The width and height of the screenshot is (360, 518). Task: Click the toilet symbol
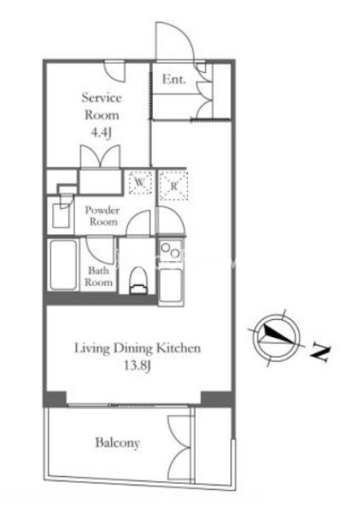click(138, 280)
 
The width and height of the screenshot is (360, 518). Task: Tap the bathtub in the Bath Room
click(63, 265)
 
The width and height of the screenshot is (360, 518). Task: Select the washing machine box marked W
click(140, 182)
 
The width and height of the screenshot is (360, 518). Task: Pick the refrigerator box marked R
click(174, 186)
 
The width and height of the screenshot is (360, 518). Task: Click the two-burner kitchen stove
click(170, 251)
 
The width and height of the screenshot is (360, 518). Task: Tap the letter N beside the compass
click(320, 352)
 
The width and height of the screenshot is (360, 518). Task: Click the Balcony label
click(117, 443)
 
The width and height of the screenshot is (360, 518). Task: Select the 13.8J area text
click(137, 366)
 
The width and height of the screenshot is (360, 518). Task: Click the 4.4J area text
click(102, 133)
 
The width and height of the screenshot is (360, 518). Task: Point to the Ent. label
click(174, 79)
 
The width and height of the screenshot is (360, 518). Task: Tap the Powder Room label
click(102, 216)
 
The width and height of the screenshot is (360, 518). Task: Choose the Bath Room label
click(99, 276)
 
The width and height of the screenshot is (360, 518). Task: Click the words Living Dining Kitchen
click(137, 348)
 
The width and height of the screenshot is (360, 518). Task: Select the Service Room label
click(102, 106)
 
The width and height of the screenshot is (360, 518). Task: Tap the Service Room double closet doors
click(100, 156)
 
